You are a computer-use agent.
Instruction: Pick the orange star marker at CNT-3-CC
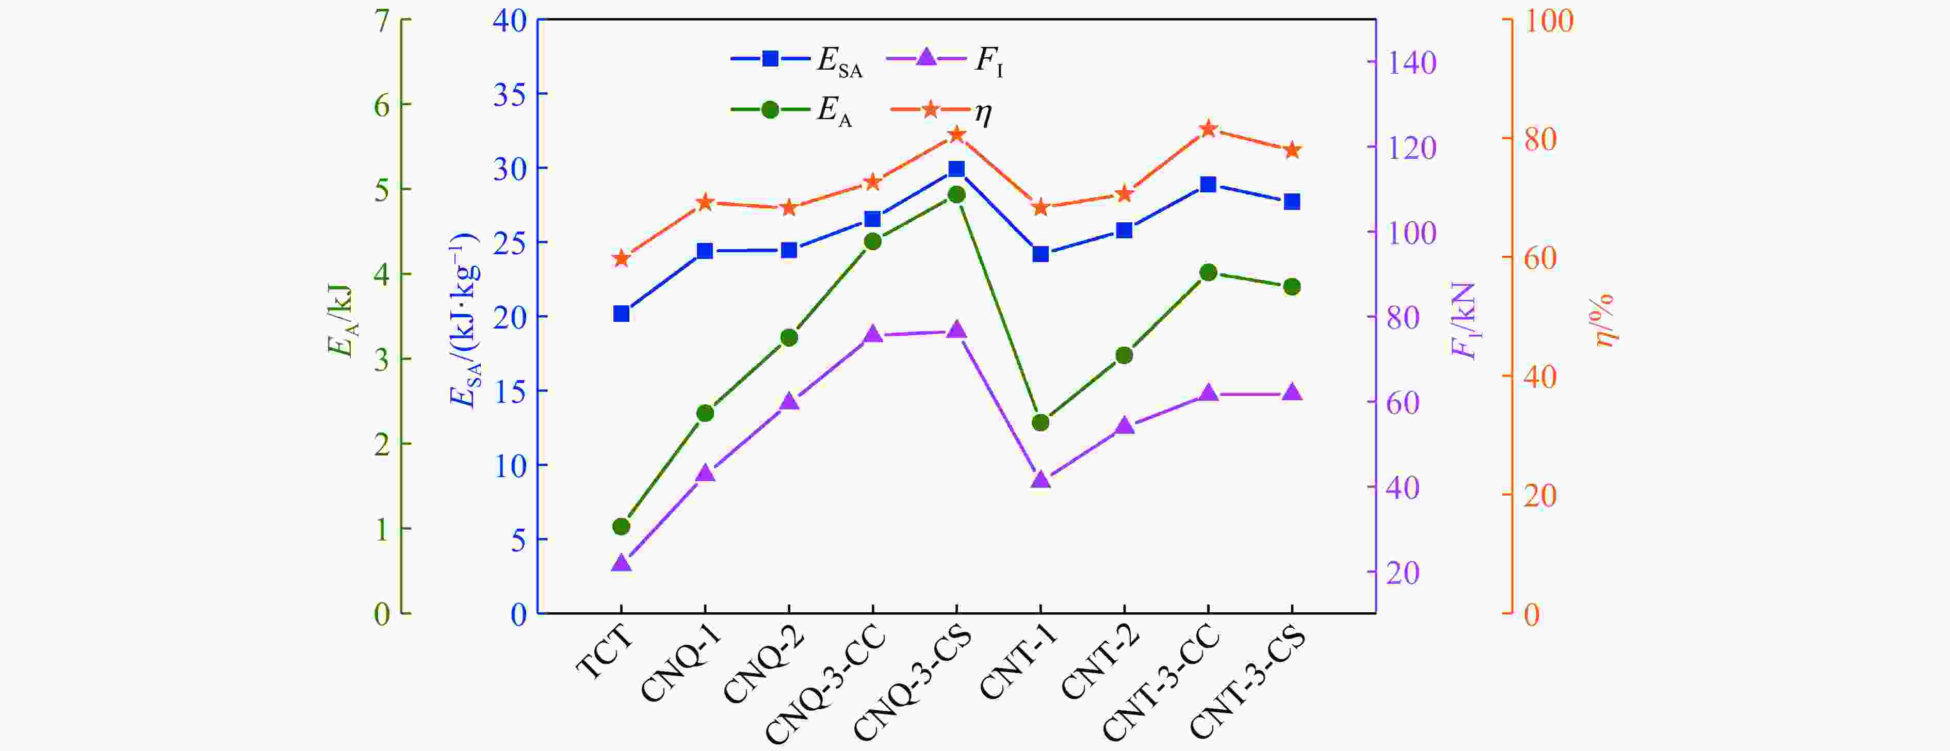[1208, 129]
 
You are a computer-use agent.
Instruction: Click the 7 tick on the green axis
[382, 21]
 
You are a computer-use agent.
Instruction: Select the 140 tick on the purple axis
[1412, 63]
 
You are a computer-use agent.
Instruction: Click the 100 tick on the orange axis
[1548, 21]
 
